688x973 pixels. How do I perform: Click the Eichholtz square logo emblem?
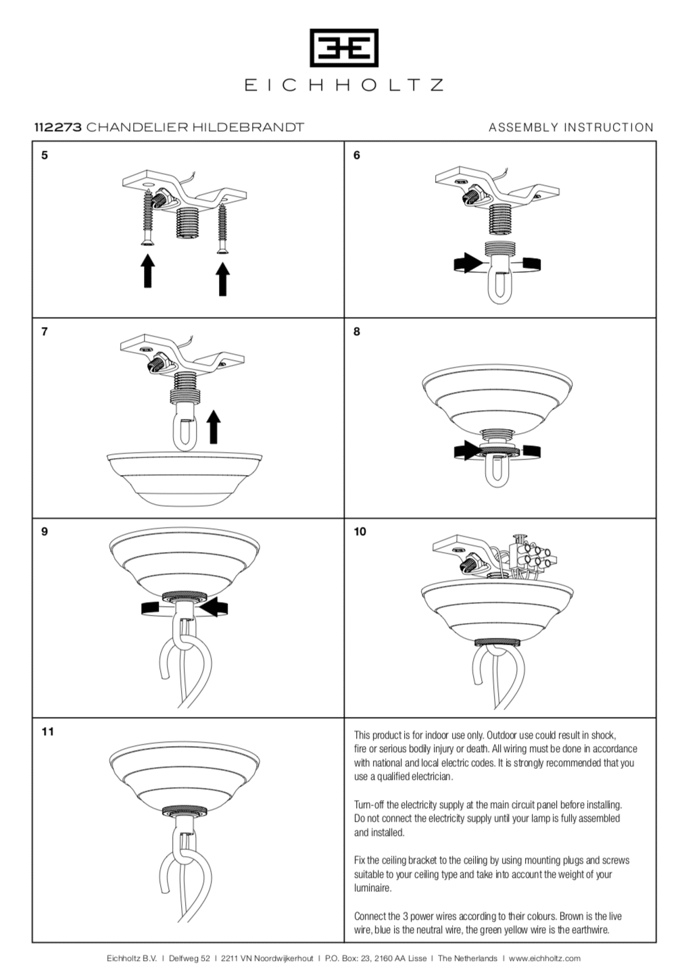click(343, 48)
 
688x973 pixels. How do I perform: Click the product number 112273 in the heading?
click(58, 127)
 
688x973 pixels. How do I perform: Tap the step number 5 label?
click(45, 155)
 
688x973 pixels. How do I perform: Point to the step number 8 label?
click(357, 332)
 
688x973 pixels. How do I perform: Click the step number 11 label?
click(47, 732)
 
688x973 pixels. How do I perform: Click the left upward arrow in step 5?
click(147, 270)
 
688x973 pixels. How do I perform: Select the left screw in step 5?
click(147, 216)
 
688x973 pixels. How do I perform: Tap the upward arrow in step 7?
click(214, 427)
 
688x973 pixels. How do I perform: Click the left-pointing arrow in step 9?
click(215, 606)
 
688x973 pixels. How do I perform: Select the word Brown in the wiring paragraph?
click(571, 916)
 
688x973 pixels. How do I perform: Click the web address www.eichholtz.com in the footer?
click(544, 958)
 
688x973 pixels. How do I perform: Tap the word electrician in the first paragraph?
click(430, 776)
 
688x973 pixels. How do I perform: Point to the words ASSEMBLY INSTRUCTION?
click(571, 127)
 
